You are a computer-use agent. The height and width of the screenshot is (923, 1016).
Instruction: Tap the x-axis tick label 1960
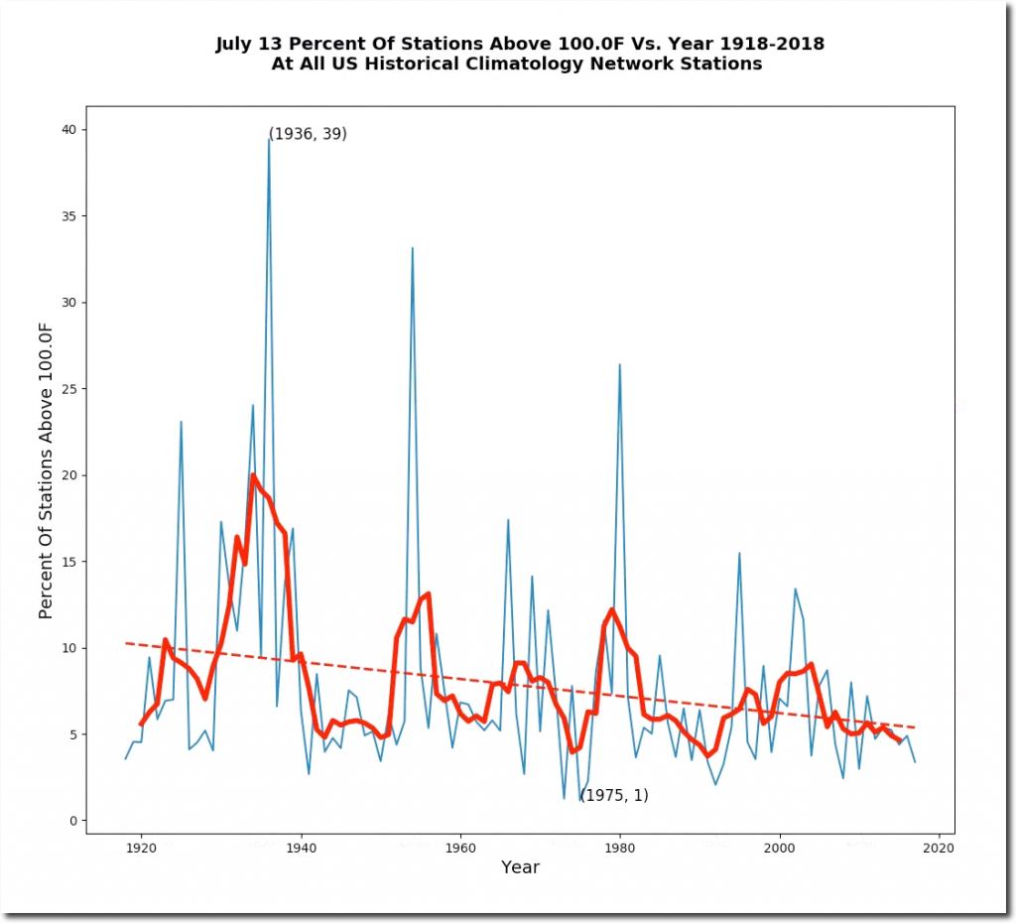tap(459, 849)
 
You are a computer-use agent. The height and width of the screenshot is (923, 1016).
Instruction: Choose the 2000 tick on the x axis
tap(779, 849)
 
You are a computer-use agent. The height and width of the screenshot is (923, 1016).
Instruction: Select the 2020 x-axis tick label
tap(939, 849)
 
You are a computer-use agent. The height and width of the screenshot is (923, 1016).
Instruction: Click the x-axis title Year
tap(520, 867)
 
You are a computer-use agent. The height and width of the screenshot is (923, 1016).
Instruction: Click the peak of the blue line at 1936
tap(269, 140)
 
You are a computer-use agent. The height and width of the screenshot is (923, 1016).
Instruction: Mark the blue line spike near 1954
tap(412, 248)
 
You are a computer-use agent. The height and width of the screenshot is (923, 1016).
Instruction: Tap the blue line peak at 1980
tap(619, 364)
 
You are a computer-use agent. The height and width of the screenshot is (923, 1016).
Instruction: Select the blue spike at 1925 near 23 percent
tap(181, 422)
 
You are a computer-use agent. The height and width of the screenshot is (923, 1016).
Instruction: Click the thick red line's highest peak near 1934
tap(253, 475)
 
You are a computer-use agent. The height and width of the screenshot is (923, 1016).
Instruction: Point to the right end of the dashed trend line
tap(914, 727)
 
